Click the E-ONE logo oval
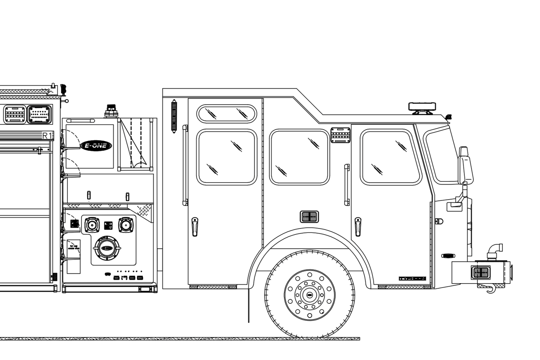[x=96, y=146]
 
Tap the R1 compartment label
[x=47, y=136]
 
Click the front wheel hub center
[x=309, y=295]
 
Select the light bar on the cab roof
[x=422, y=106]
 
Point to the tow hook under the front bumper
[x=490, y=290]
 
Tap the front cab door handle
[x=358, y=227]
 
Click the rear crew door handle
[x=195, y=227]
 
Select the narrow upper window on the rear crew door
[x=227, y=113]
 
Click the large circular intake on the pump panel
[x=107, y=248]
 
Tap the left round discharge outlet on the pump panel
[x=92, y=225]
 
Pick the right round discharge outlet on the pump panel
[x=126, y=225]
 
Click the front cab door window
[x=390, y=157]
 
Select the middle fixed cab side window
[x=299, y=157]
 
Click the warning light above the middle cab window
[x=340, y=135]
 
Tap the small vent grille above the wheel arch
[x=309, y=217]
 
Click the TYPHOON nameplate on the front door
[x=412, y=278]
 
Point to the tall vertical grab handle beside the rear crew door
[x=185, y=165]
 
